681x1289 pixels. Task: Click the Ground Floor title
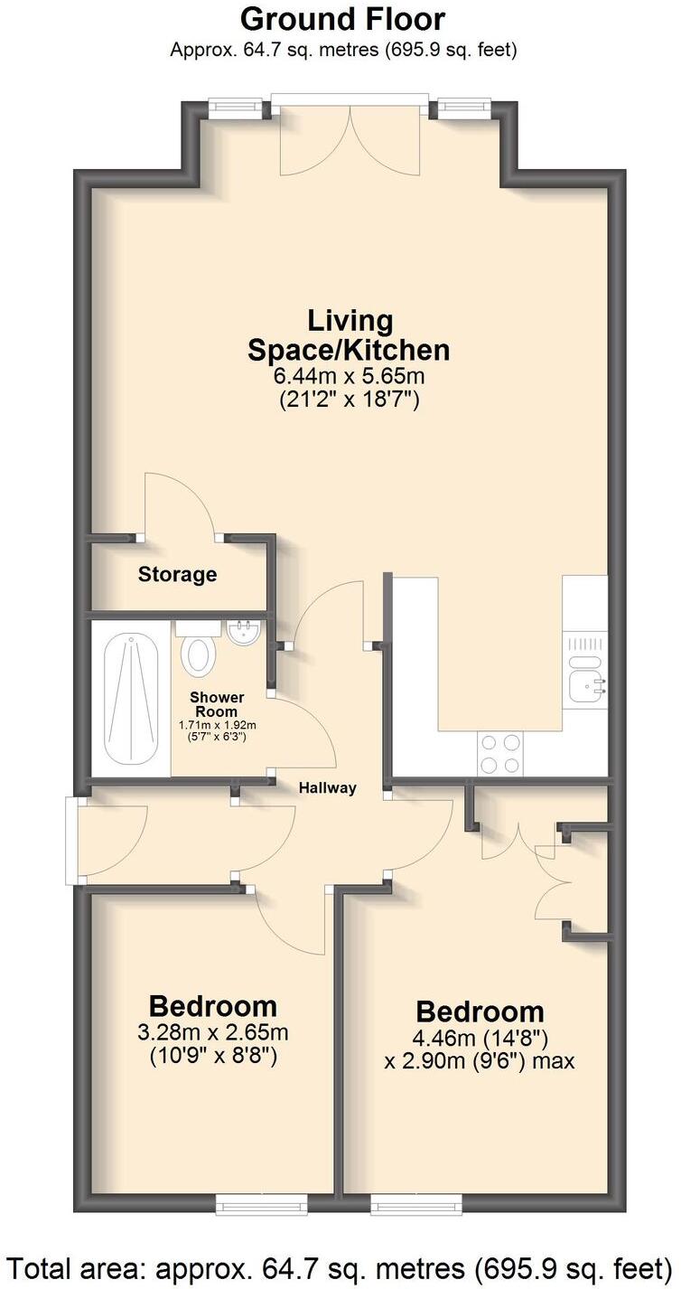(342, 19)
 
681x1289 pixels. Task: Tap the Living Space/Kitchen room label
(350, 334)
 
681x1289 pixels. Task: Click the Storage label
(177, 574)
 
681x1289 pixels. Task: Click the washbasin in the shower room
(244, 634)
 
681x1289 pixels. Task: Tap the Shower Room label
(216, 703)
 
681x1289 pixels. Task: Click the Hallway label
(328, 788)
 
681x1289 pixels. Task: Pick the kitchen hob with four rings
(499, 754)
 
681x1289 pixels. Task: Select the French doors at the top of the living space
(350, 136)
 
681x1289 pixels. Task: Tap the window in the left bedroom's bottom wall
(262, 1202)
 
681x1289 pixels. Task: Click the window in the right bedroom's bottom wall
(416, 1202)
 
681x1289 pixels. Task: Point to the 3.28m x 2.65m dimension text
(213, 1032)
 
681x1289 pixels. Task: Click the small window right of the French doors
(464, 108)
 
